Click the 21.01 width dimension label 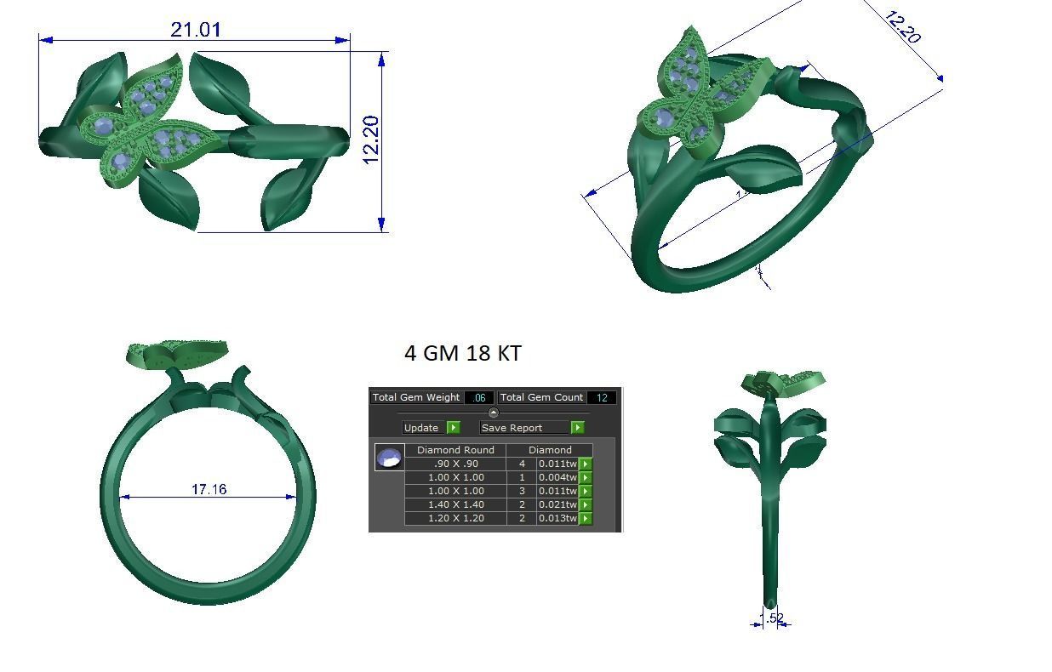(196, 30)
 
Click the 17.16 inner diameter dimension (209, 489)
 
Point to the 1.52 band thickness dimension (771, 618)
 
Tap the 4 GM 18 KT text (463, 353)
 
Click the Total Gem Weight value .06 (479, 397)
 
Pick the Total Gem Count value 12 (602, 397)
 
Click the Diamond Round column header (455, 450)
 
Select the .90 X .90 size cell (455, 464)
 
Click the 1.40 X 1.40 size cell (455, 504)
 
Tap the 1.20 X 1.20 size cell (455, 518)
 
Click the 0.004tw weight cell (557, 477)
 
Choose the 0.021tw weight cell (557, 504)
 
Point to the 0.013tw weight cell (557, 518)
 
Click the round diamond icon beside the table (389, 458)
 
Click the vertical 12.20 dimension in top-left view (372, 140)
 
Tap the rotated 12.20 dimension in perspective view (902, 27)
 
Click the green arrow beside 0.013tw (586, 518)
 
